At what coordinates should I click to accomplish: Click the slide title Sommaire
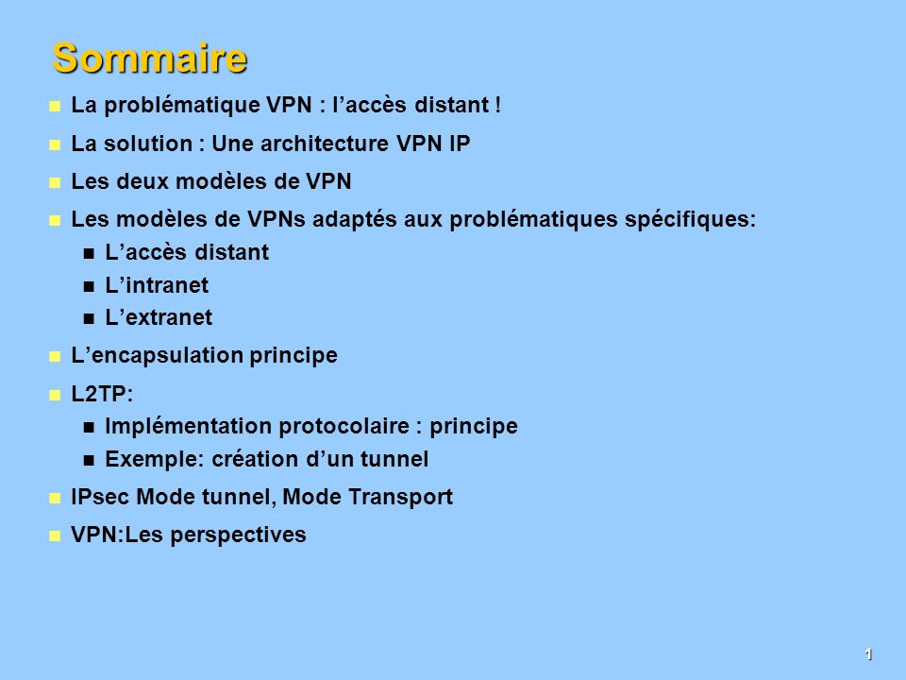click(150, 59)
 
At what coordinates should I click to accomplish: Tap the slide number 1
click(868, 654)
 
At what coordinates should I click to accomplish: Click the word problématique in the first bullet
click(182, 106)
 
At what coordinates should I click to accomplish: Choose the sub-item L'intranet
click(157, 285)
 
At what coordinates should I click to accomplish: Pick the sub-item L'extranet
click(159, 317)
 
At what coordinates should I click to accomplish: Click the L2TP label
click(102, 395)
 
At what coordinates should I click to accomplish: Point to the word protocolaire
click(344, 427)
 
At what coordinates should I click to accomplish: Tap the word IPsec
click(100, 498)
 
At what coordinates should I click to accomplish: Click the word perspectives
click(238, 535)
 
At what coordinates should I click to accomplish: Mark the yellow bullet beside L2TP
click(55, 396)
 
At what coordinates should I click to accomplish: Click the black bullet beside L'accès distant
click(89, 253)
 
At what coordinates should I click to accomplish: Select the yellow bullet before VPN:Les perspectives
click(55, 536)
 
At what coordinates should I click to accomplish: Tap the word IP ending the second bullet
click(460, 144)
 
